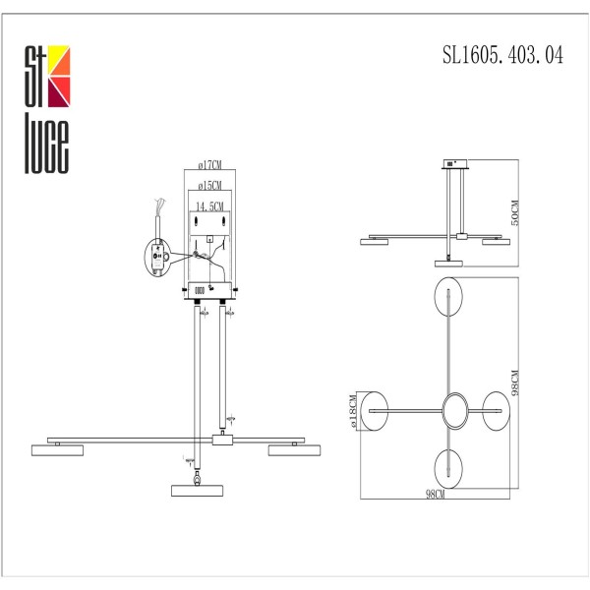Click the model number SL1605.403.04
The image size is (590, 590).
pos(503,57)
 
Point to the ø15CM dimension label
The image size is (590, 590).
pos(210,186)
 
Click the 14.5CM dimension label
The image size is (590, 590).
pos(210,206)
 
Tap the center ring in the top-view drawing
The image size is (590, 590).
pos(455,410)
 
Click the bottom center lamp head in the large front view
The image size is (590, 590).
pos(197,489)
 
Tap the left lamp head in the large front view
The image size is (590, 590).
pos(56,448)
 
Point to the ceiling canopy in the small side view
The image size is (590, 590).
pos(455,166)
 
